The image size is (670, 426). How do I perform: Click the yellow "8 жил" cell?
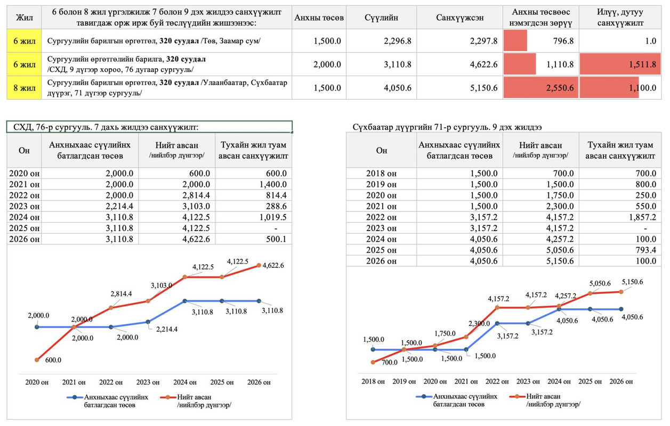coord(24,87)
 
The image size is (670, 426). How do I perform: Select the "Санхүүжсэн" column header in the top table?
coord(459,18)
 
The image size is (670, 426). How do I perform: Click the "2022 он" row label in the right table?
coord(382,217)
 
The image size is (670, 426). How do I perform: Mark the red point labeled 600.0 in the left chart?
coord(37,361)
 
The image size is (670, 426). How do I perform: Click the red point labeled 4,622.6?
coord(259,265)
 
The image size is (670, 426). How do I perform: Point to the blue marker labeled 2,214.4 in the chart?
coord(148,322)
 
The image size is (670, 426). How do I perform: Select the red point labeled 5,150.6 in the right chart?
coord(621,291)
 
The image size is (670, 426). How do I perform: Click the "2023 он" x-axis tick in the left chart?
coord(148,382)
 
